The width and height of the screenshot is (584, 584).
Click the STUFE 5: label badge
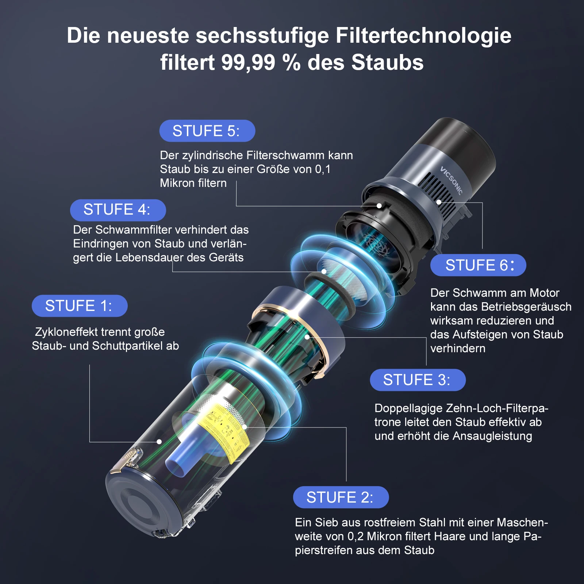[207, 131]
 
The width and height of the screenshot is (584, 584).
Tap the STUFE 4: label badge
[118, 210]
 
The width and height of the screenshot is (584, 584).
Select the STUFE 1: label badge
[79, 306]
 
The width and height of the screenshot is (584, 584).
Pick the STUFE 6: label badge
[478, 265]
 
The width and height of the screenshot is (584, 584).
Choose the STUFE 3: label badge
[418, 380]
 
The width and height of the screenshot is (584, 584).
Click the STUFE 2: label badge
[341, 497]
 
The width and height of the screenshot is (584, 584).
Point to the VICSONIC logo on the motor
[451, 180]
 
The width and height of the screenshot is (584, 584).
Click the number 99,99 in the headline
[248, 62]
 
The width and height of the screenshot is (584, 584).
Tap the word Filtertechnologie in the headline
[423, 35]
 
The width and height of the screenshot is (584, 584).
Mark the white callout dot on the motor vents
[439, 202]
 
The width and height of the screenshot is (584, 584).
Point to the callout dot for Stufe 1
[159, 442]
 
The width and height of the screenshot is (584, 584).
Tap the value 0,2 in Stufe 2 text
[355, 536]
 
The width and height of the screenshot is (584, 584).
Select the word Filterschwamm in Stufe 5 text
[285, 155]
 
